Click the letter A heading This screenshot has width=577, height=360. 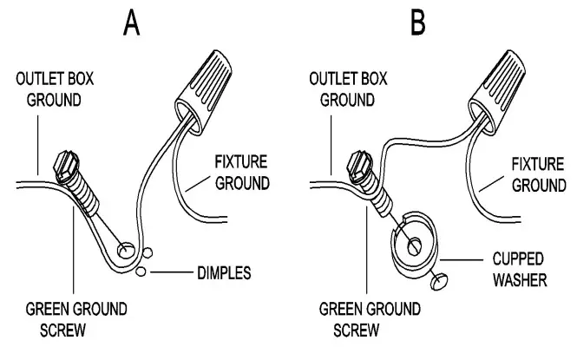pyautogui.click(x=132, y=23)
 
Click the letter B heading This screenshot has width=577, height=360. pyautogui.click(x=418, y=23)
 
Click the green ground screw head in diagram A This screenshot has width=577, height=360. pyautogui.click(x=66, y=166)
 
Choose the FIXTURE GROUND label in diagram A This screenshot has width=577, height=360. pyautogui.click(x=240, y=173)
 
